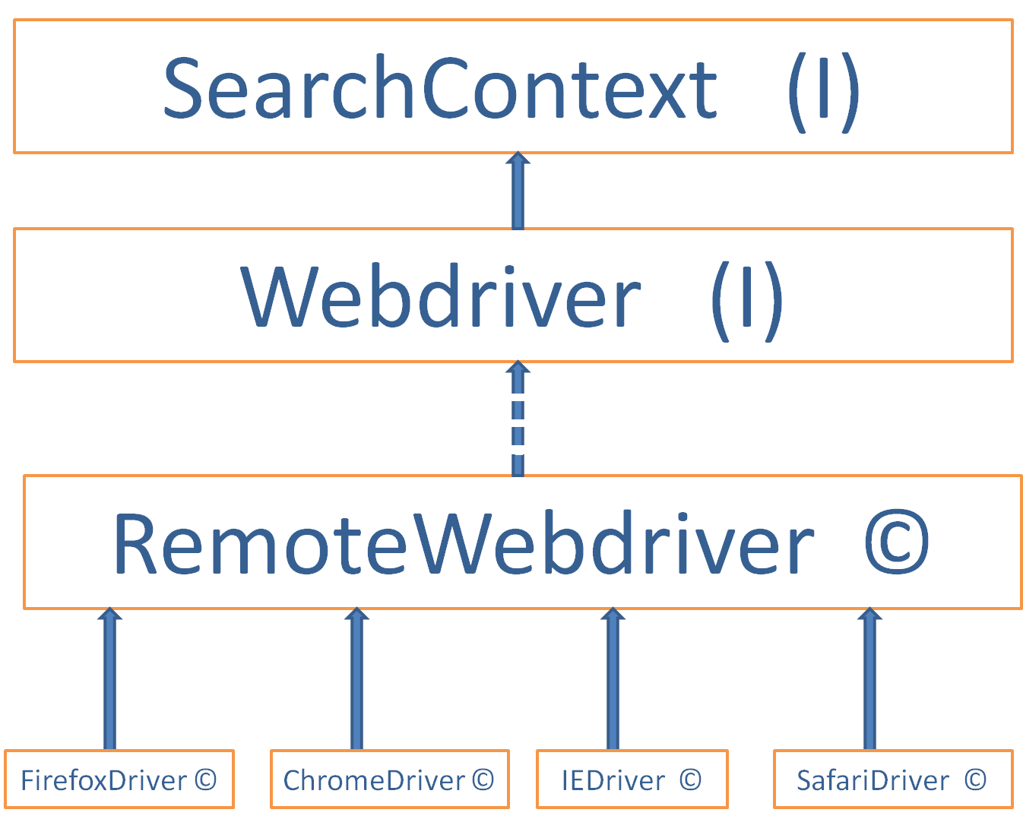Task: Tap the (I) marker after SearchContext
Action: click(x=823, y=91)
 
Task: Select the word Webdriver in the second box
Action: click(x=440, y=297)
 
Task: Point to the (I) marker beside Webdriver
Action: click(x=746, y=300)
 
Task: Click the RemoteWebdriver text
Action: click(x=463, y=544)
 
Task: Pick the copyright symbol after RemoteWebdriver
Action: click(x=897, y=544)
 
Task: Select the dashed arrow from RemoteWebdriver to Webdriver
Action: click(x=518, y=419)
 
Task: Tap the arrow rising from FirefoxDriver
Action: click(x=109, y=678)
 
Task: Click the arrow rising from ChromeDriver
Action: click(x=356, y=678)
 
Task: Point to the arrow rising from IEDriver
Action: click(x=613, y=678)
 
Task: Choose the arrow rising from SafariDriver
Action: click(x=869, y=678)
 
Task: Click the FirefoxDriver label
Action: click(x=103, y=780)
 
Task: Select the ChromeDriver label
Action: click(x=374, y=780)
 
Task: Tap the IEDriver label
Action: click(x=613, y=780)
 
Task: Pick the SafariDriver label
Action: click(x=873, y=780)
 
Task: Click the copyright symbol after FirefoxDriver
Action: click(x=205, y=779)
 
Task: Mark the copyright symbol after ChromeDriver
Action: click(x=483, y=779)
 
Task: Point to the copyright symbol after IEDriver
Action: click(x=690, y=779)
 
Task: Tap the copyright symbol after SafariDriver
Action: click(x=975, y=779)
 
